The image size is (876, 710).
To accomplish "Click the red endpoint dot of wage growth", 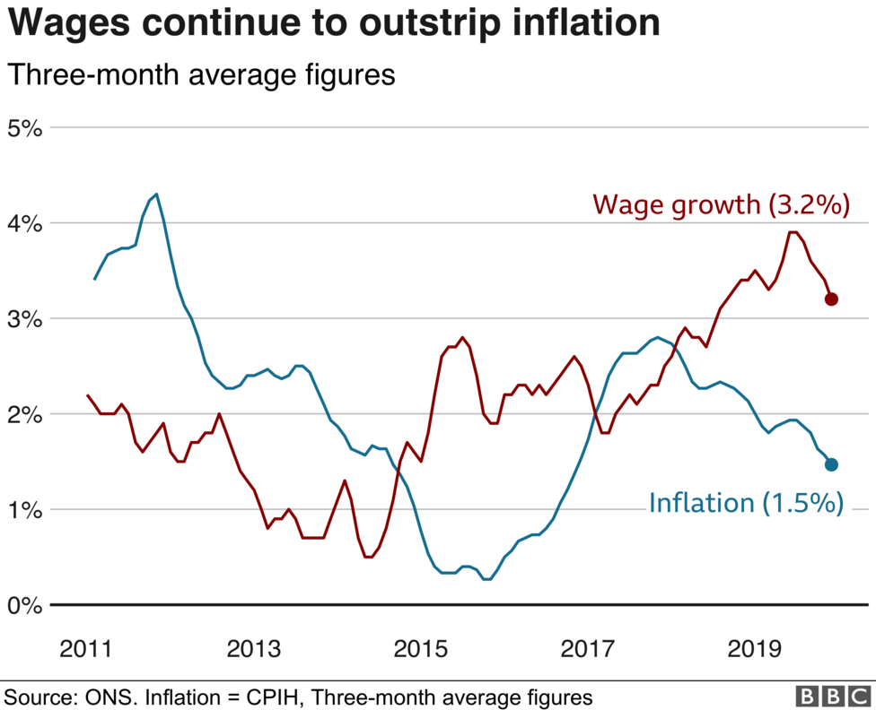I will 831,299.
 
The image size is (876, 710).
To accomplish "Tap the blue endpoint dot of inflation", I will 831,464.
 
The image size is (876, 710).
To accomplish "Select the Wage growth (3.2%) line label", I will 721,205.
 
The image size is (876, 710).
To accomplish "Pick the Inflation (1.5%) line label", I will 746,504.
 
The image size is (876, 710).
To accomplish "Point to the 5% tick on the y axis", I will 25,127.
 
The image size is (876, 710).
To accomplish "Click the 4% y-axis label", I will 25,223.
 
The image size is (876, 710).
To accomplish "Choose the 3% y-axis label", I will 25,319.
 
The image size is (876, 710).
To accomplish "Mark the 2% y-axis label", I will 25,414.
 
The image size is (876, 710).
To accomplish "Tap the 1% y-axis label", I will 25,510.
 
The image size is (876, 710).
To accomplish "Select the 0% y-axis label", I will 25,605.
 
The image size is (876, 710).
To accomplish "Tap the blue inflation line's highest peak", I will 157,194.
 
